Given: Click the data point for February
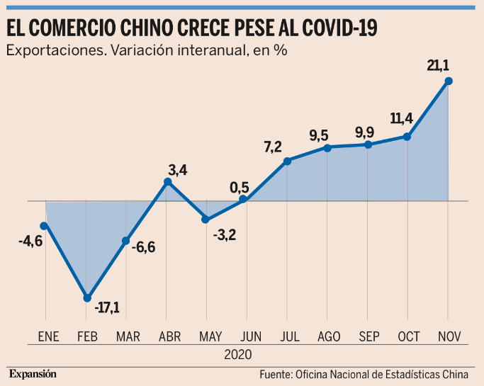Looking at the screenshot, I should (x=86, y=298).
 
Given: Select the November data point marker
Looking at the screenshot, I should (x=449, y=81).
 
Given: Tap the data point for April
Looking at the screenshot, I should (x=167, y=182).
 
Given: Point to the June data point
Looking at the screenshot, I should (x=243, y=200).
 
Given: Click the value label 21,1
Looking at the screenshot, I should (x=438, y=66).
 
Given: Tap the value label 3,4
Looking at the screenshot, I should (x=177, y=170).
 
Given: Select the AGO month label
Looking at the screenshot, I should (x=327, y=336).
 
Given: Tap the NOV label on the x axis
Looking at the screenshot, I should (x=449, y=336).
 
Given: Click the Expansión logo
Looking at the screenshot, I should (x=32, y=373).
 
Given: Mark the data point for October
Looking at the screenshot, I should (x=407, y=137).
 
